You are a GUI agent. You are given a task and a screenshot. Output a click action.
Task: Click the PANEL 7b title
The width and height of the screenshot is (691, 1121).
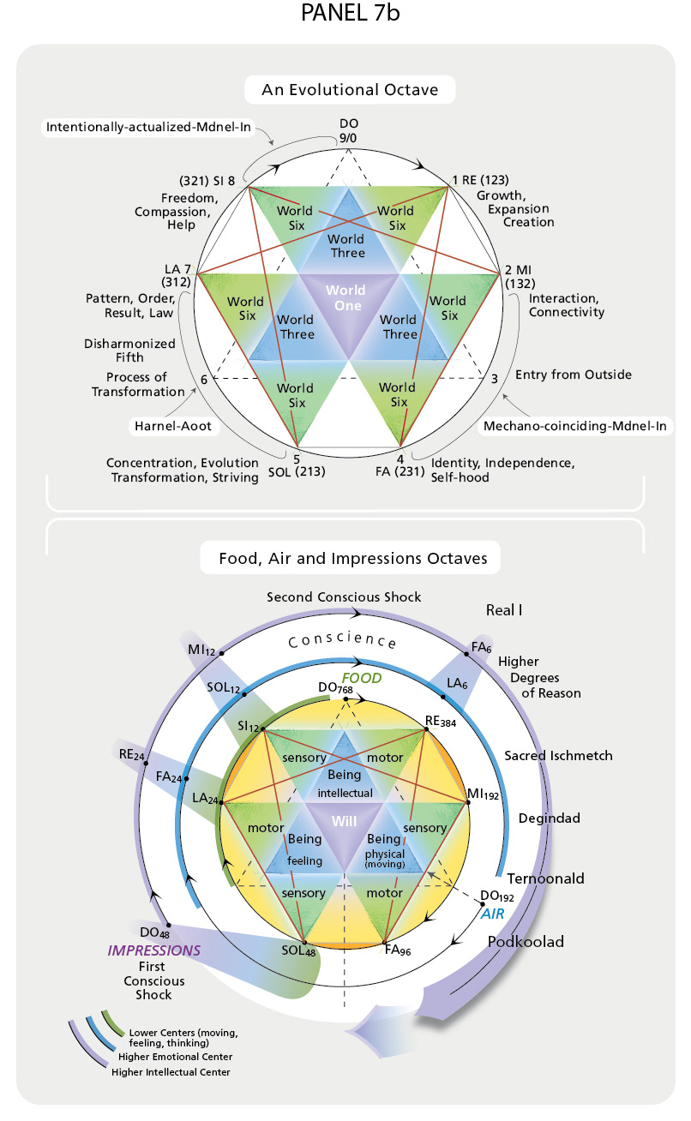[x=350, y=13]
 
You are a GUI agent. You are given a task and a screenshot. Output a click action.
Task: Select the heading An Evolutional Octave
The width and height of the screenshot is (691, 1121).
[x=350, y=90]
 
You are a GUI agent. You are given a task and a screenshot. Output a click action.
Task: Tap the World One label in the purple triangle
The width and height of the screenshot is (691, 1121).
[x=346, y=297]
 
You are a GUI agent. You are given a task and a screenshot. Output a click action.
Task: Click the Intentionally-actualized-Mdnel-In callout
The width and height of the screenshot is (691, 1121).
[x=148, y=127]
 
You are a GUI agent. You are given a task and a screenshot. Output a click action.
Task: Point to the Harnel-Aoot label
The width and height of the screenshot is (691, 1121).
[x=173, y=426]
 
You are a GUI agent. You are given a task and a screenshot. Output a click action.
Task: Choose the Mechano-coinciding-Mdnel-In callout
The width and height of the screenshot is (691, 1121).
[x=574, y=426]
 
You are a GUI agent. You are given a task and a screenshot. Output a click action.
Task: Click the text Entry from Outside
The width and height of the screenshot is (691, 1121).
[x=574, y=375]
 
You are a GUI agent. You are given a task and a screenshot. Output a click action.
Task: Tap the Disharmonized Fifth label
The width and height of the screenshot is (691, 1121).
[x=129, y=351]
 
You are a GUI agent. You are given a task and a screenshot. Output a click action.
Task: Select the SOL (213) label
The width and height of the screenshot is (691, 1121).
[x=297, y=471]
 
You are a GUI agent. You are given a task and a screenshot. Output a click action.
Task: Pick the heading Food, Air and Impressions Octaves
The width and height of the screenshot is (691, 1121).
[x=353, y=558]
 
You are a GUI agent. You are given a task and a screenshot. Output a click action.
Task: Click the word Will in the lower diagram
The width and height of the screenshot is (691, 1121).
[x=345, y=821]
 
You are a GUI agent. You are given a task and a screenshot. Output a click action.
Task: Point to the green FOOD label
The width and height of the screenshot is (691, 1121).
[x=362, y=678]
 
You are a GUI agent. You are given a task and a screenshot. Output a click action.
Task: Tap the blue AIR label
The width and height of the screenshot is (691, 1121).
[x=493, y=914]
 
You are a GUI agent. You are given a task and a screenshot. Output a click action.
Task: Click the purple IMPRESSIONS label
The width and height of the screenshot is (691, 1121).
[x=154, y=950]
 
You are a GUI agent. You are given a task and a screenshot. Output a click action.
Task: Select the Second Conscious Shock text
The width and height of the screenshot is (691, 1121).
[x=344, y=597]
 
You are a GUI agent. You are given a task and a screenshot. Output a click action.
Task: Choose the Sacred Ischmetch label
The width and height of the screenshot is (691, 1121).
[x=558, y=756]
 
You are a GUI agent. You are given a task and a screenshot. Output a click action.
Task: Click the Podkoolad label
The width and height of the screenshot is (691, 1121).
[x=526, y=942]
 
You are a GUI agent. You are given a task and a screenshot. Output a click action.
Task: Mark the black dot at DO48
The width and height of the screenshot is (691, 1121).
[x=169, y=926]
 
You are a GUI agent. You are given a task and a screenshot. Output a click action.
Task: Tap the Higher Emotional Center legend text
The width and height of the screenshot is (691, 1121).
[x=175, y=1057]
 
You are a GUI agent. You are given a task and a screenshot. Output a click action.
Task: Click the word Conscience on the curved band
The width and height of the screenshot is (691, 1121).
[x=343, y=639]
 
